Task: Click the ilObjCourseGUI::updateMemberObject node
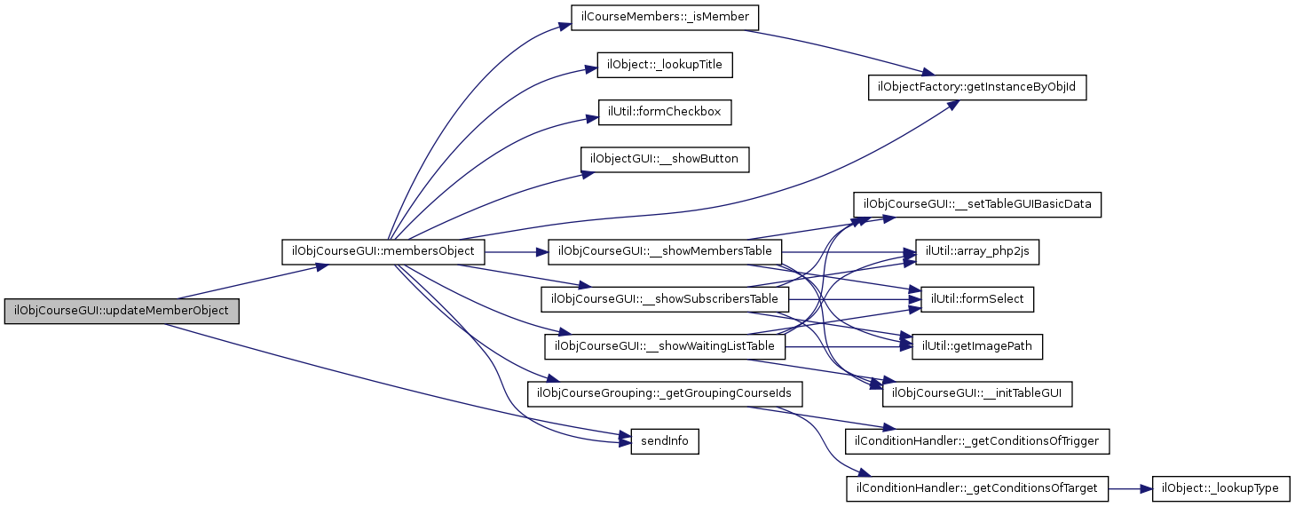click(x=122, y=312)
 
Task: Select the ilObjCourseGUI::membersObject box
click(x=383, y=252)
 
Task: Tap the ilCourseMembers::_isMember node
click(x=666, y=18)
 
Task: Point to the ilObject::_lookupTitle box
click(x=665, y=65)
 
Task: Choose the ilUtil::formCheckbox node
click(x=665, y=112)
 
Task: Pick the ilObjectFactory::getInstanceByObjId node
click(x=977, y=88)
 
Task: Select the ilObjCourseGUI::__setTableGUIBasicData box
click(x=977, y=205)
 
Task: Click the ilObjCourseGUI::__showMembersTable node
click(x=666, y=252)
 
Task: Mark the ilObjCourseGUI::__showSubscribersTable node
click(x=665, y=299)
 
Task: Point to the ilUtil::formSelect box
click(x=977, y=299)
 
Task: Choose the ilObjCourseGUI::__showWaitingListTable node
click(x=665, y=346)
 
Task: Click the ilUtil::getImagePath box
click(x=977, y=346)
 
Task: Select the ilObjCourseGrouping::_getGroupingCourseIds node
click(x=665, y=393)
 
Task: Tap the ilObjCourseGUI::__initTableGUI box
click(x=977, y=393)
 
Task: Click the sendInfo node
click(x=665, y=440)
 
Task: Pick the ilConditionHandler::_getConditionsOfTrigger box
click(x=977, y=440)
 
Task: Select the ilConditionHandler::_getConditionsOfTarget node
click(x=977, y=487)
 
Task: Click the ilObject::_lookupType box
click(x=1220, y=487)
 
